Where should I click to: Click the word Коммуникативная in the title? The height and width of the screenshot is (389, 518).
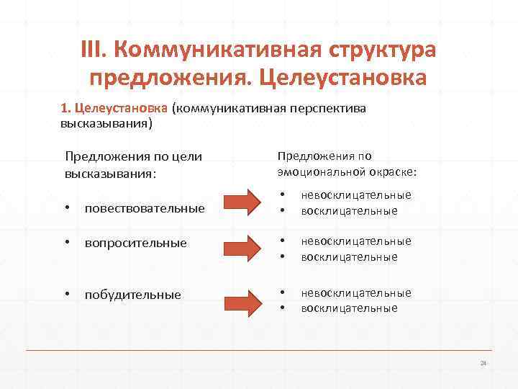216,52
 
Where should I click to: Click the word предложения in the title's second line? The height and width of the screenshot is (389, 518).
165,76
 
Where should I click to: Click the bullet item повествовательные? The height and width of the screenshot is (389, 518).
144,209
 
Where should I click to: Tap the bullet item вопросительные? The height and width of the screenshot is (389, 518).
135,243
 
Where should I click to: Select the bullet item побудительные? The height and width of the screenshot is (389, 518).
132,295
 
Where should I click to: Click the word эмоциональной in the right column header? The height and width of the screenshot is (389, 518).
317,171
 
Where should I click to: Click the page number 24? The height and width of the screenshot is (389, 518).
483,362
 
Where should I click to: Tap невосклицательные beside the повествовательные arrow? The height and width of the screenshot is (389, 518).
356,195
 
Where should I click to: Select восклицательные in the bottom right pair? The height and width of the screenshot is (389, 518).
349,308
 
